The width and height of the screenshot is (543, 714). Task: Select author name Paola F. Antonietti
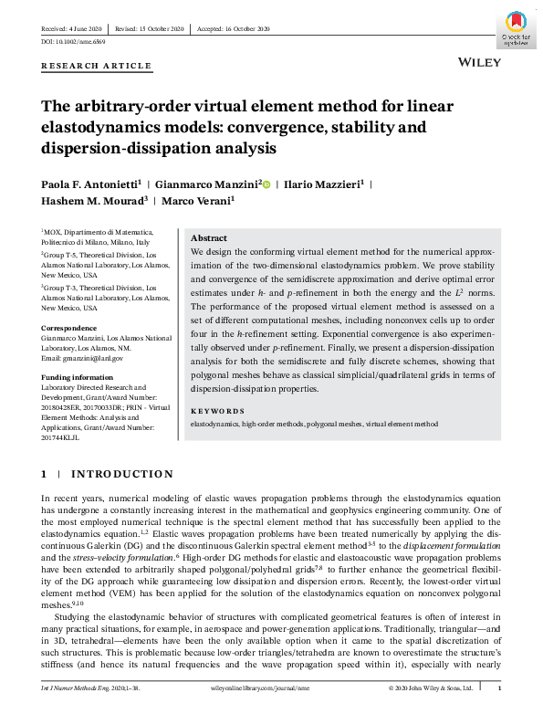click(x=87, y=184)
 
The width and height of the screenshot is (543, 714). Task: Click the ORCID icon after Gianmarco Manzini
click(x=266, y=184)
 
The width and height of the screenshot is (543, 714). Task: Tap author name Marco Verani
click(x=198, y=200)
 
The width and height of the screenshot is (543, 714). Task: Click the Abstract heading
click(x=209, y=237)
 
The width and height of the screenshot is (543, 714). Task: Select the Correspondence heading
click(x=69, y=327)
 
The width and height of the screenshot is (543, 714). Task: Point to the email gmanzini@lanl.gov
click(x=87, y=357)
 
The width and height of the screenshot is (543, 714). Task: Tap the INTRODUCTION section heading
click(x=121, y=474)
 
